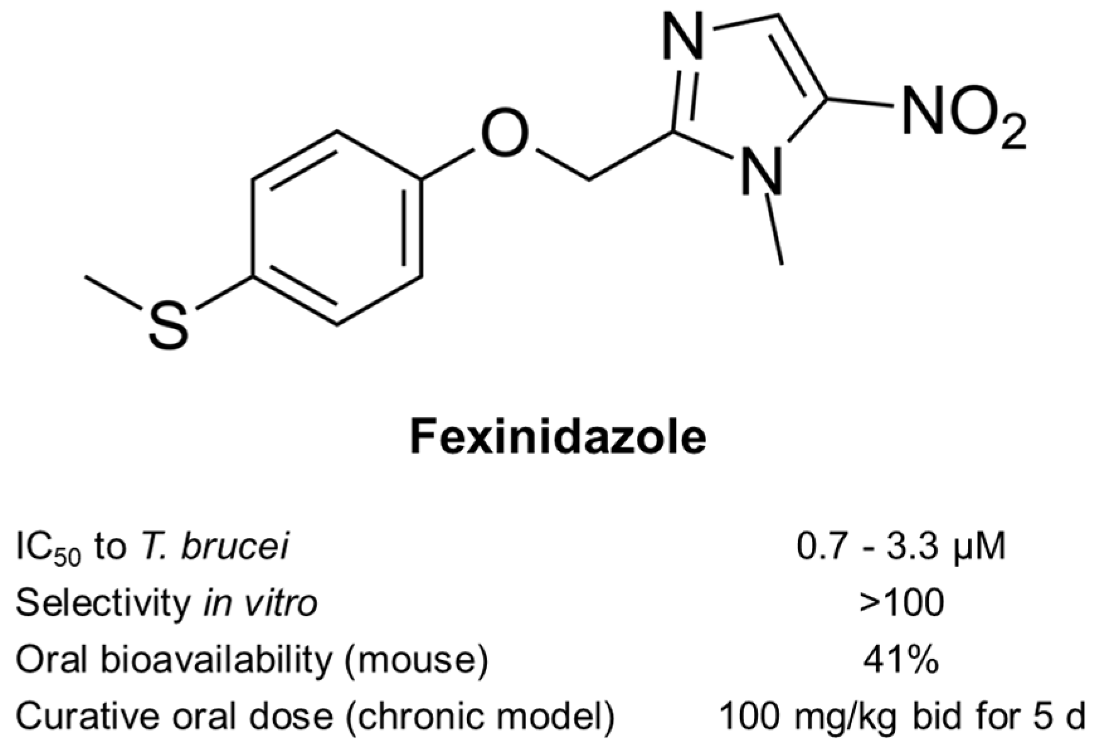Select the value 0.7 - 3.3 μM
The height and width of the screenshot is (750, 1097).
tap(901, 547)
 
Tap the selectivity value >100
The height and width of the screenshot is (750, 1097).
tap(901, 603)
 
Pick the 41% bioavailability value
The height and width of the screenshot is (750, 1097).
tap(901, 659)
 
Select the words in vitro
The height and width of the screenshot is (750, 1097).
tap(261, 603)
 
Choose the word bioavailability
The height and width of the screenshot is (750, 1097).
tap(224, 659)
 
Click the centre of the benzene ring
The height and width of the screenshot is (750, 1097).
tap(337, 228)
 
